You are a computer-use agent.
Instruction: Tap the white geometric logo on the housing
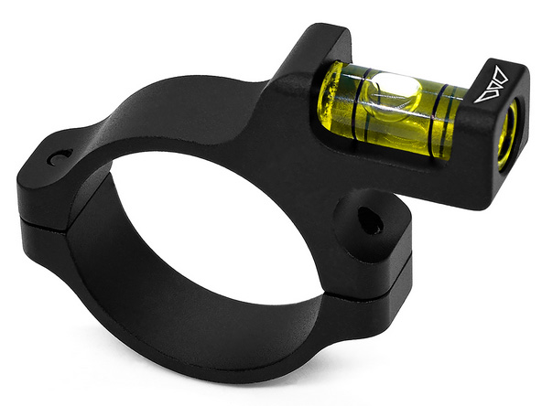tap(494, 83)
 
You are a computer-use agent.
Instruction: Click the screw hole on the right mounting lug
tap(368, 220)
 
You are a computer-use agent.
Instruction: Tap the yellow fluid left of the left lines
tap(334, 99)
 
